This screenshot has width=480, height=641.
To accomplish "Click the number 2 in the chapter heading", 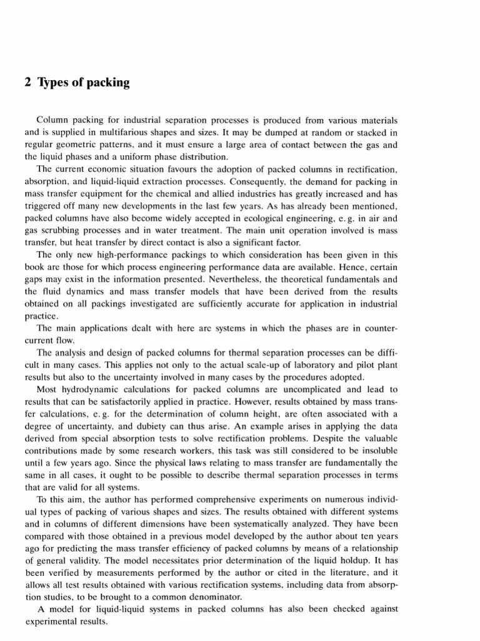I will point(29,83).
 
